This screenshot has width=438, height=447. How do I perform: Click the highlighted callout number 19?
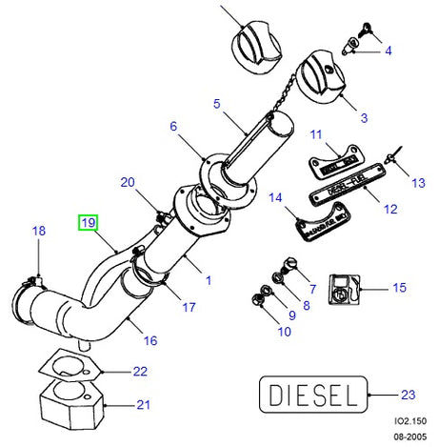pos(88,223)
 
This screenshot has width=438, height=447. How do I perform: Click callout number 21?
pos(142,404)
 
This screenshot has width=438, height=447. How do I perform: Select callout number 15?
pos(399,286)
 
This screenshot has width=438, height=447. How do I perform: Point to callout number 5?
pos(216,103)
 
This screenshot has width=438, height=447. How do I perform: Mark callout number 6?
pos(173,126)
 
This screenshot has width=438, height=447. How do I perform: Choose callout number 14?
pos(275,198)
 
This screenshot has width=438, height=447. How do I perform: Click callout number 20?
pos(128,181)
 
